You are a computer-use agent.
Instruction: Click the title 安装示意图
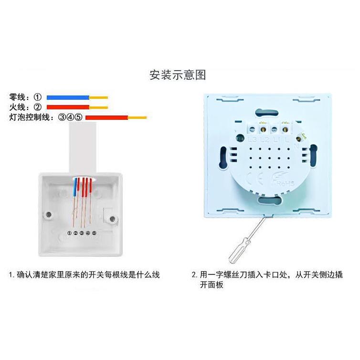pos(178,75)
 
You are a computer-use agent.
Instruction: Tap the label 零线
pos(20,97)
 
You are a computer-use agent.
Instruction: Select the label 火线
pos(20,107)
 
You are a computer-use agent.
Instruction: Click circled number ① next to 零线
pos(37,97)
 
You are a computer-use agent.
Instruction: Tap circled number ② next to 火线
pos(37,107)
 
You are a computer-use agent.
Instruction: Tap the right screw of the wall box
pos(112,219)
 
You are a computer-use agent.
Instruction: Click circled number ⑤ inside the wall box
pos(95,233)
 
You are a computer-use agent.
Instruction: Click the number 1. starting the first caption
pos(11,275)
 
